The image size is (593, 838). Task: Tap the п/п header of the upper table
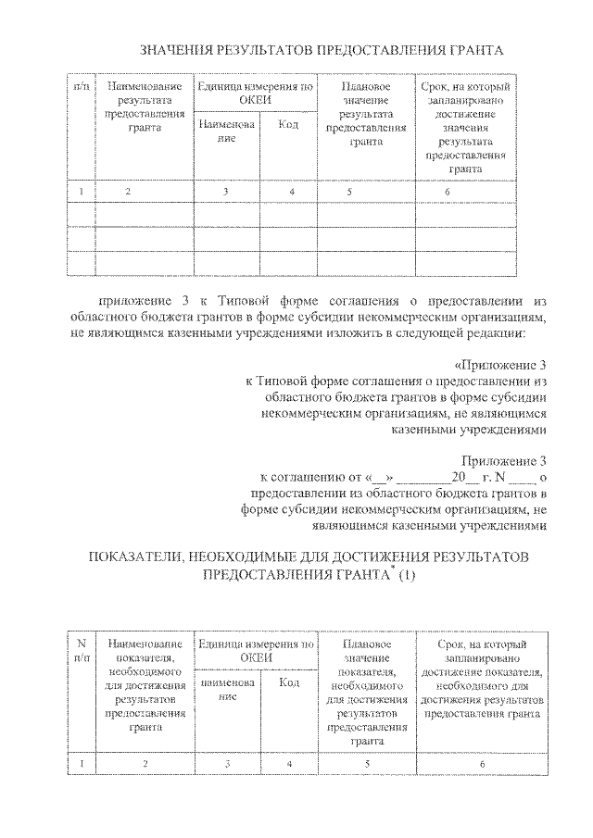click(x=82, y=86)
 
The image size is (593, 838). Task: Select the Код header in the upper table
click(x=288, y=124)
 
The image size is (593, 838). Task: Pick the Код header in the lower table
click(x=288, y=682)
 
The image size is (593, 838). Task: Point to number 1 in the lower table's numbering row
click(x=82, y=764)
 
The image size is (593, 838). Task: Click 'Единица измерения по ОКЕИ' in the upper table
click(x=254, y=93)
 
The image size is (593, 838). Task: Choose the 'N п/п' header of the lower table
click(x=82, y=650)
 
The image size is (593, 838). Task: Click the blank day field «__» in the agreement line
click(x=382, y=479)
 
